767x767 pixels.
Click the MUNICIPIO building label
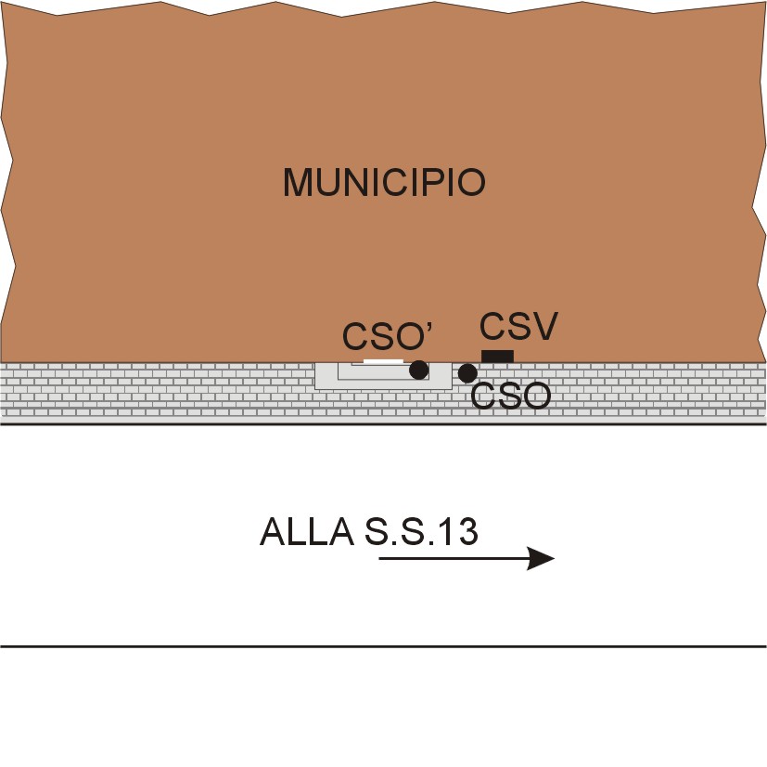click(384, 183)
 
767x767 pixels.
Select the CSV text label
click(518, 327)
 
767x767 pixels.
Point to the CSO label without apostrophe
click(511, 396)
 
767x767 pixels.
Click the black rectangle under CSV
click(497, 357)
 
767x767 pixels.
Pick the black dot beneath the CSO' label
click(419, 370)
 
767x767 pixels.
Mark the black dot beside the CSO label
click(467, 373)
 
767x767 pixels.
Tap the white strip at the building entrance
click(383, 360)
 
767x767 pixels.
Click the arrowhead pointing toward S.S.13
click(541, 558)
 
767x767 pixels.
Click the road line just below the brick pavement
click(383, 424)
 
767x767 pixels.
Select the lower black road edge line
click(383, 645)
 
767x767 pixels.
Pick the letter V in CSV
click(544, 327)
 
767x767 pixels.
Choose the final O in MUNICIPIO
click(471, 183)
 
